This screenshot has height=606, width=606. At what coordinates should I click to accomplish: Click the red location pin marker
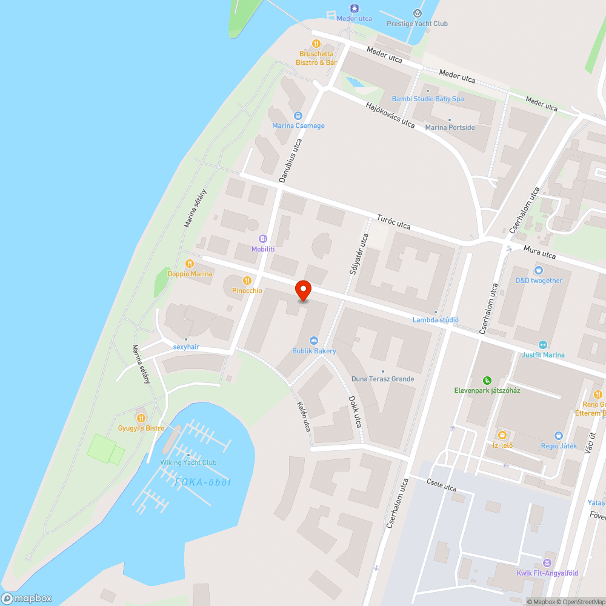point(302,290)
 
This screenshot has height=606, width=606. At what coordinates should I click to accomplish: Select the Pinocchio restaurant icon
point(247,281)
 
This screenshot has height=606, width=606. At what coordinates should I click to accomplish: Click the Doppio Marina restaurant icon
point(190,264)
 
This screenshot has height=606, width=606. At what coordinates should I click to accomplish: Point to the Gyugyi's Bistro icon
point(141,418)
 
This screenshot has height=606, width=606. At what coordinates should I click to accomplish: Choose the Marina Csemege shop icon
point(298,115)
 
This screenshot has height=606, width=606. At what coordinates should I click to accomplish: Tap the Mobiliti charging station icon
point(263,239)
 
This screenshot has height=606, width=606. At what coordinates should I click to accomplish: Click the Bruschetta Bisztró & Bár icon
point(316,44)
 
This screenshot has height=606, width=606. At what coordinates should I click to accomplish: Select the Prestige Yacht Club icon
point(417,13)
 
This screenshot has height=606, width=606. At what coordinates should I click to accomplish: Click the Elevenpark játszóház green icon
point(487,381)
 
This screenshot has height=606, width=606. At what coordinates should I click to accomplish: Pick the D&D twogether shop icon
point(538,270)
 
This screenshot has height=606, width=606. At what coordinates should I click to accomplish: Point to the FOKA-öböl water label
point(203,482)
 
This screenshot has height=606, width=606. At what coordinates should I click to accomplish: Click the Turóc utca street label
point(393,222)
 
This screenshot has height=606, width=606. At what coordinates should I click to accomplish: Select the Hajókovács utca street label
point(390,115)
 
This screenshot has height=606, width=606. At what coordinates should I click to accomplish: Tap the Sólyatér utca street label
point(358,255)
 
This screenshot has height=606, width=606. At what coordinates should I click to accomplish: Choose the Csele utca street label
point(441,486)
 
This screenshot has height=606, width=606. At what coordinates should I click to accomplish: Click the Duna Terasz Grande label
point(383,379)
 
